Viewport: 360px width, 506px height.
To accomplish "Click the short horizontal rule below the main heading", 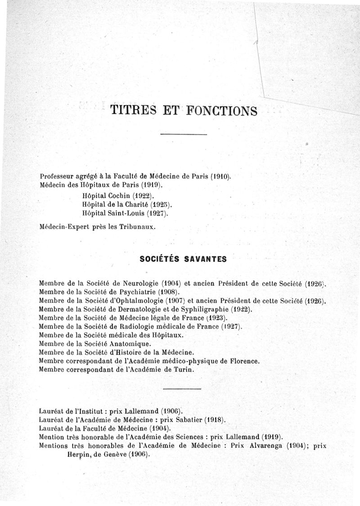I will pos(183,135).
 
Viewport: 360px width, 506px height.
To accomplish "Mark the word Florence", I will pos(244,361).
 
